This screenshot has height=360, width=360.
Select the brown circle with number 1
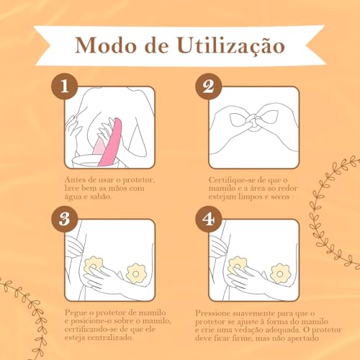(x=65, y=88)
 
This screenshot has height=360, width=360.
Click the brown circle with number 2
(x=207, y=88)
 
